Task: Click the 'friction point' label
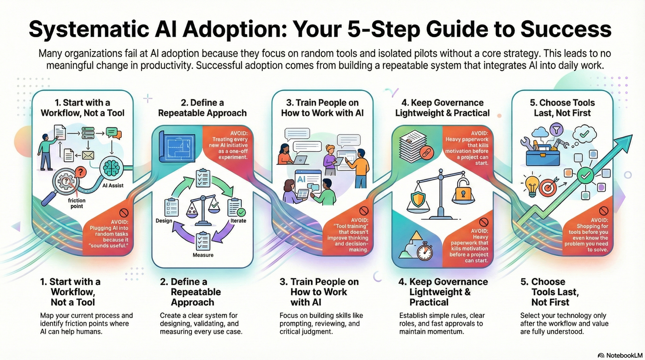[x=77, y=203]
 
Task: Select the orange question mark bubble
[x=81, y=173]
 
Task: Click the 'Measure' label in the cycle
[x=203, y=255]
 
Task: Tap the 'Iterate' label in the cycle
[x=238, y=221]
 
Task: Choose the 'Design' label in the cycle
[x=164, y=221]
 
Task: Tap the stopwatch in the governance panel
[x=424, y=251]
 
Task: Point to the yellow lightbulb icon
[x=532, y=184]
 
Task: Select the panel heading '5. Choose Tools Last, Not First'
[x=562, y=108]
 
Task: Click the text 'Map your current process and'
[x=86, y=315]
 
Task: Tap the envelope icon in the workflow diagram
[x=87, y=155]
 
